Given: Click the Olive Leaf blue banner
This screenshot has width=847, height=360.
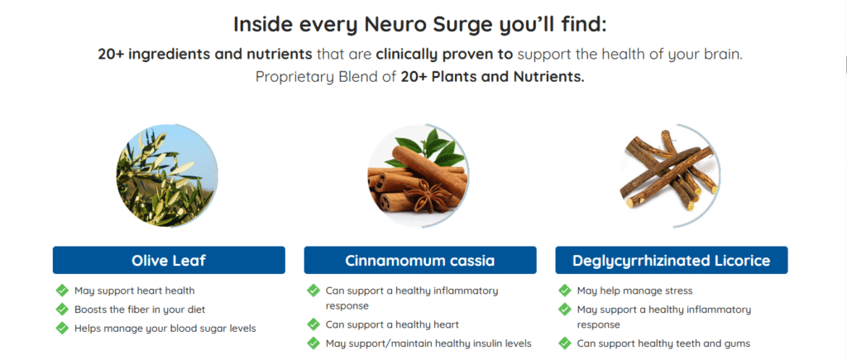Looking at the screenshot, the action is pos(169,261).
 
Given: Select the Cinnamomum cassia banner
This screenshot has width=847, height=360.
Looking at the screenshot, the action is pos(419,261).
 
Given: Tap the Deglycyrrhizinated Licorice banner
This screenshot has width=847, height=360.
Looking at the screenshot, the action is pos(672,261).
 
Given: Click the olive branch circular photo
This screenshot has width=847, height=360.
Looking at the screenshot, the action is pos(167,175).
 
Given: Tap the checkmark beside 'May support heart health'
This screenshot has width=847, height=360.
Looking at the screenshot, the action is pos(62,290).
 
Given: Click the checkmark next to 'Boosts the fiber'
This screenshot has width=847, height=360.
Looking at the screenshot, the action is pos(62,310).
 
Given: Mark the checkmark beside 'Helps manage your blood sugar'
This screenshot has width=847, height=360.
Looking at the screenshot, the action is pos(62,328).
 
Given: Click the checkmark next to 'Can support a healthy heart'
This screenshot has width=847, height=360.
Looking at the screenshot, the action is pos(313,324).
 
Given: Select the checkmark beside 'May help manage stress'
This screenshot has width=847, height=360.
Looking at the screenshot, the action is pos(565,290).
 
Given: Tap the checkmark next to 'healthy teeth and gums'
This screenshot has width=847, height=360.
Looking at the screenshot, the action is pos(565,343).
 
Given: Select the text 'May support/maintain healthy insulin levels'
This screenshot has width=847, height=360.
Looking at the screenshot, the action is pos(428,343).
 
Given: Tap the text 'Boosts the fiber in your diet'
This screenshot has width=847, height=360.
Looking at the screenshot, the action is pos(139,310).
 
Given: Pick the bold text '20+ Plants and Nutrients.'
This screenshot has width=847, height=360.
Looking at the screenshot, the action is pos(493,77).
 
